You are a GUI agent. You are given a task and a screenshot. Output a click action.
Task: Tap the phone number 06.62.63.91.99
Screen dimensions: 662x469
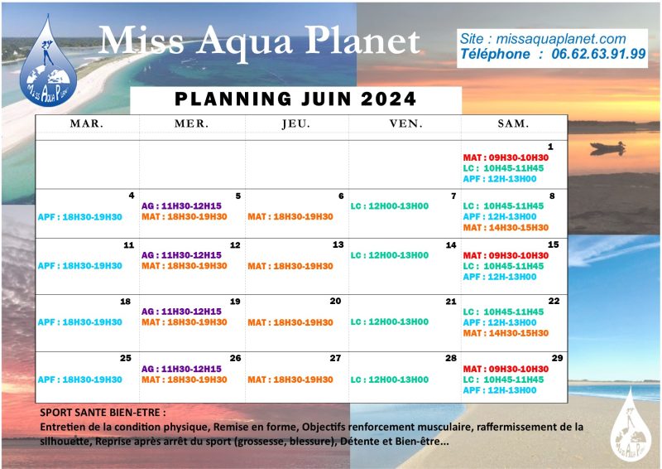click(x=598, y=54)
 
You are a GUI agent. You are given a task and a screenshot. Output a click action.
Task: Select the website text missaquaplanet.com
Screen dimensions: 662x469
click(x=561, y=39)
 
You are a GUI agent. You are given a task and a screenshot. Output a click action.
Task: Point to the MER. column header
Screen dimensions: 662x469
click(x=191, y=123)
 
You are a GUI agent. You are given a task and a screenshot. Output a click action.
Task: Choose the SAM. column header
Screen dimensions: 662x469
click(x=513, y=123)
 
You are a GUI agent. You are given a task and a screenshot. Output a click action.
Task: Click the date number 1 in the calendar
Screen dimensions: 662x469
click(x=550, y=147)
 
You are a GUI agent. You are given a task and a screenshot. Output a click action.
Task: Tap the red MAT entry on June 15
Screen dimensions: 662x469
click(x=506, y=255)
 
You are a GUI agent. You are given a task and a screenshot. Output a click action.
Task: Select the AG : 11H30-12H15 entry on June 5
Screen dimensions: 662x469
click(x=181, y=206)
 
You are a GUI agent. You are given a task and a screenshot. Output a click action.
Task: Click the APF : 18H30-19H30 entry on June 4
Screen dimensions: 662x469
click(x=79, y=217)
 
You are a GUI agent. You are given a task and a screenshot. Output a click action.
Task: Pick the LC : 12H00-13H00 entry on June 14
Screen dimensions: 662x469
click(x=389, y=255)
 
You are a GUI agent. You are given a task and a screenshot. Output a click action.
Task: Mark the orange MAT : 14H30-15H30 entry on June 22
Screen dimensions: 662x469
click(x=506, y=333)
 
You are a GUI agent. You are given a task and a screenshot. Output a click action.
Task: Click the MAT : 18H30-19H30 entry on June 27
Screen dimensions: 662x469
click(x=290, y=380)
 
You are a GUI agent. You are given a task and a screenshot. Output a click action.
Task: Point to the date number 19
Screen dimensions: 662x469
click(x=235, y=302)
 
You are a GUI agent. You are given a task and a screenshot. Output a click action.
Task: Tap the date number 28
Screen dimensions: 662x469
click(x=451, y=358)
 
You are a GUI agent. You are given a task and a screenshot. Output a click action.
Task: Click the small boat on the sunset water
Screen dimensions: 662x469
click(x=608, y=147)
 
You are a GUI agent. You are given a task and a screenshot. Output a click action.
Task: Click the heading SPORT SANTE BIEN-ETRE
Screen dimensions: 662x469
click(x=103, y=413)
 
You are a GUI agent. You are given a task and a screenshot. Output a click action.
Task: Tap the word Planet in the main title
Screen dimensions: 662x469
click(x=362, y=41)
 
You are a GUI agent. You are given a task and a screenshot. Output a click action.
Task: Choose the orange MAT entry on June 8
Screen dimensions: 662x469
click(x=506, y=228)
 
